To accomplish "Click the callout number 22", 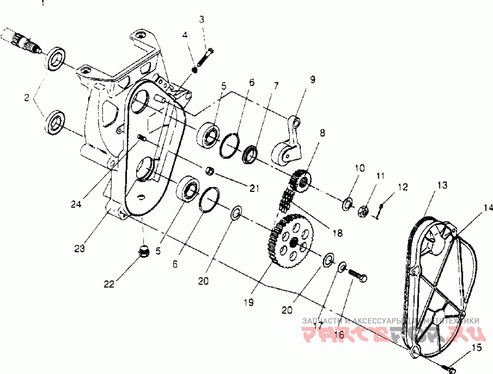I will pyautogui.click(x=108, y=284).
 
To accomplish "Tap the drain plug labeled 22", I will pyautogui.click(x=143, y=252).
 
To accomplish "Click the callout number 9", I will pyautogui.click(x=312, y=79).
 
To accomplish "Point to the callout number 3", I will pyautogui.click(x=201, y=20).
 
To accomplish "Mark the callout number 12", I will pyautogui.click(x=402, y=186).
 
